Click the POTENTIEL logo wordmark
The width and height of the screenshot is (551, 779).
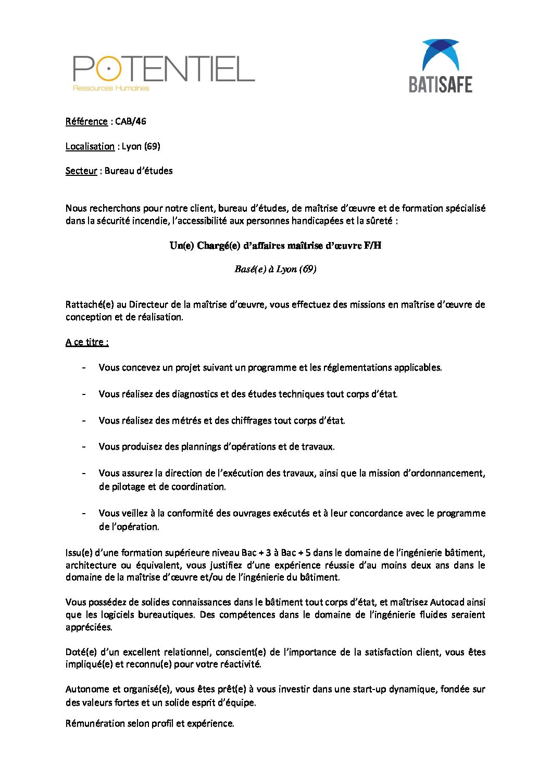(x=164, y=69)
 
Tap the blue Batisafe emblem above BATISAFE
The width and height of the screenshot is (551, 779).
(x=441, y=55)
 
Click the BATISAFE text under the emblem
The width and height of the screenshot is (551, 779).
(x=441, y=84)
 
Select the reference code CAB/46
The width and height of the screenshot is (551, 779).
(x=131, y=121)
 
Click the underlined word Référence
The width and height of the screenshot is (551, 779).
(x=86, y=121)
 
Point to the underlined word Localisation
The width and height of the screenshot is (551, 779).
(x=90, y=146)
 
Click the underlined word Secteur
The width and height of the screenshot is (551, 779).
(x=81, y=171)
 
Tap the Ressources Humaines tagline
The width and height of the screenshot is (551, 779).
(x=111, y=88)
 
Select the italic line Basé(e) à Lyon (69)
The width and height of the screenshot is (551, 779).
(x=275, y=269)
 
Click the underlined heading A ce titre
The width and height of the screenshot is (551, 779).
(x=87, y=342)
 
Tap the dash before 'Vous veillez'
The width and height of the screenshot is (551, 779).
(x=84, y=513)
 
